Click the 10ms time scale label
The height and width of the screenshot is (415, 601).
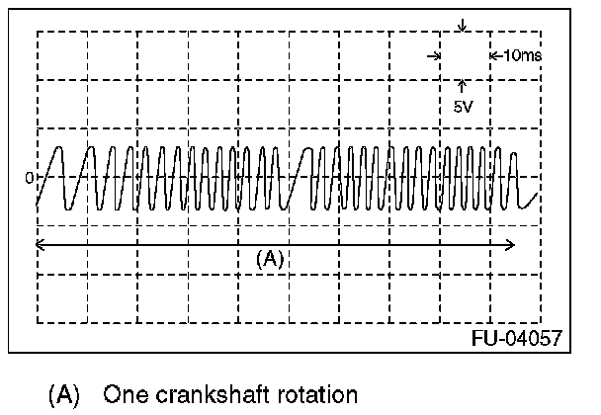[521, 56]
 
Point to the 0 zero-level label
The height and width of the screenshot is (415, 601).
[30, 178]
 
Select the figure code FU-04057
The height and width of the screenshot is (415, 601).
[517, 338]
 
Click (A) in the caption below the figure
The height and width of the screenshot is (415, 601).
[63, 395]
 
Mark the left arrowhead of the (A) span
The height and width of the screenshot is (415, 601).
[39, 244]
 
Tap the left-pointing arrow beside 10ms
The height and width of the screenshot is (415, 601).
[494, 56]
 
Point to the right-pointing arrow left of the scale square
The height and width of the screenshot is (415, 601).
[434, 56]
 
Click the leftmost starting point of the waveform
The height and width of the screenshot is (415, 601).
[37, 206]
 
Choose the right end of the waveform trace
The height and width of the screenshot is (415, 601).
[538, 195]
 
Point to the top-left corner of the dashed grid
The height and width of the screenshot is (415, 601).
[38, 33]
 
